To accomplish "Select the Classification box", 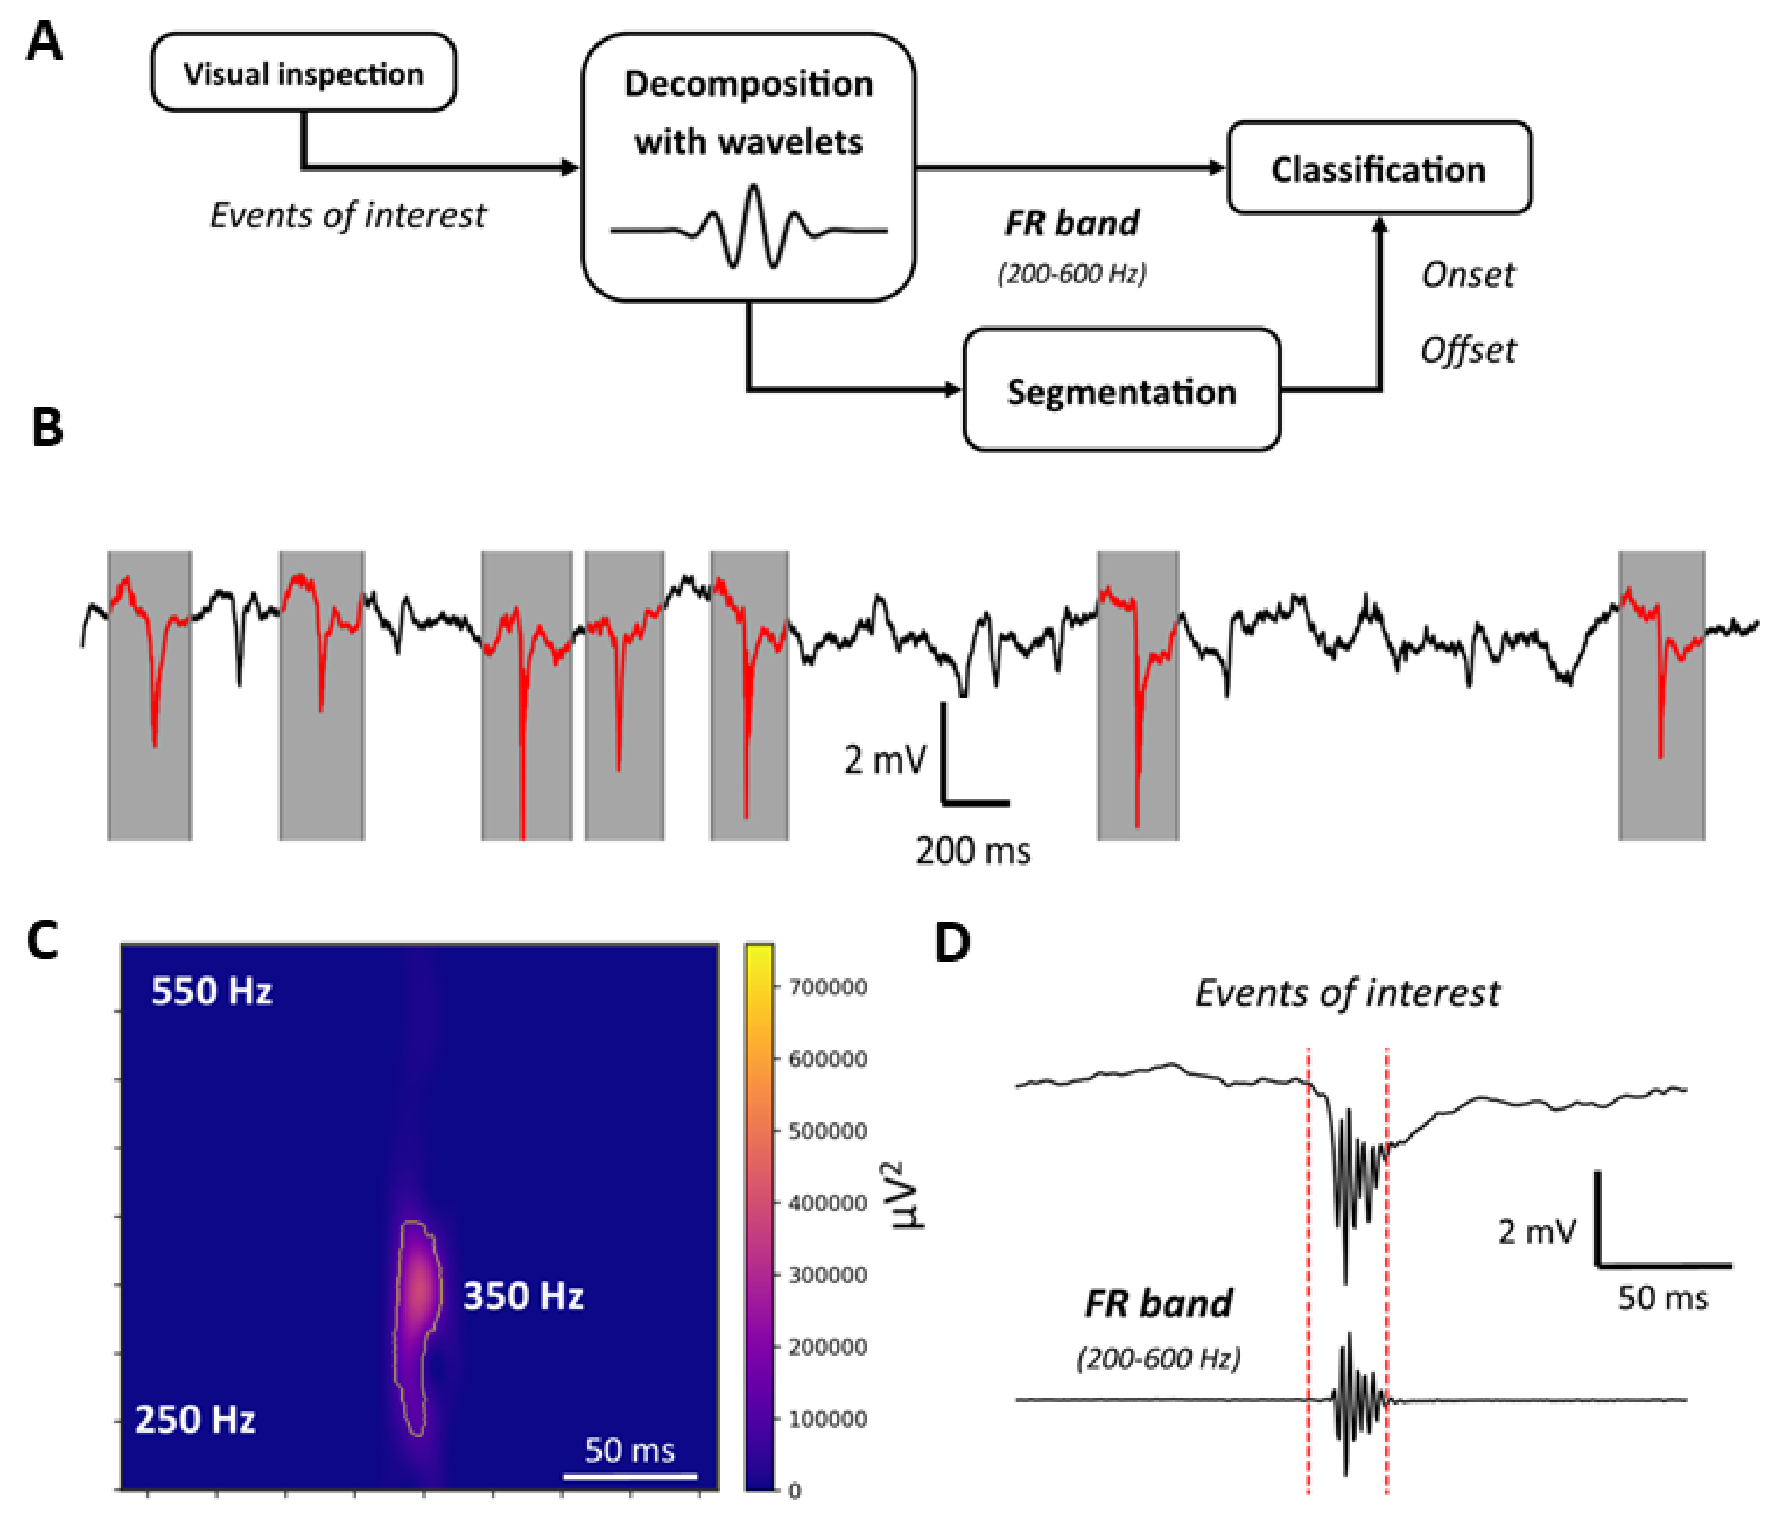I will point(1378,168).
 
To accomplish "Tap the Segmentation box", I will point(1121,391).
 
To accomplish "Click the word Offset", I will point(1468,350).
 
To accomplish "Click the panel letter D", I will point(952,943).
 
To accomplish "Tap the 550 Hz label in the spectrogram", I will point(212,991).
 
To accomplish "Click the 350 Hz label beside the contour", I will point(523,1295).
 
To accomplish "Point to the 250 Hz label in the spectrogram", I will point(196,1419).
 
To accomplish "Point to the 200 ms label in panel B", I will point(972,851).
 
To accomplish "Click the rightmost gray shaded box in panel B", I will point(1661,695).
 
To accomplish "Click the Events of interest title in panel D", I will point(1347,993).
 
